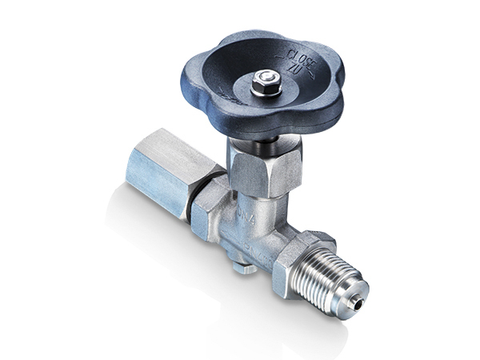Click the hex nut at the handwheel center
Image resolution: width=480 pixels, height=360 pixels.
[266, 78]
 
